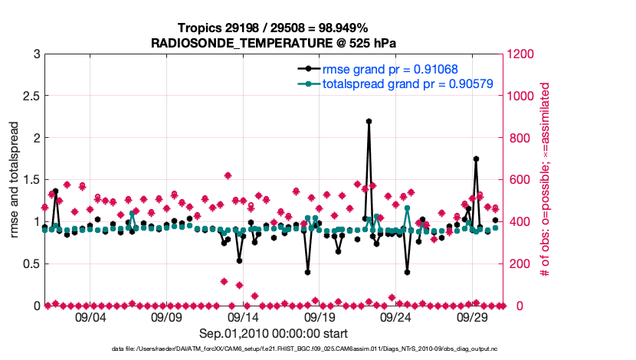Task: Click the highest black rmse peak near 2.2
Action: pos(369,121)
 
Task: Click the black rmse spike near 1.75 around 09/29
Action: pos(476,159)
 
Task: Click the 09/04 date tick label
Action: pos(90,316)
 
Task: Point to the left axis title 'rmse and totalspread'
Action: pos(15,180)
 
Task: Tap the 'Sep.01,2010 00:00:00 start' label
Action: pos(274,333)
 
